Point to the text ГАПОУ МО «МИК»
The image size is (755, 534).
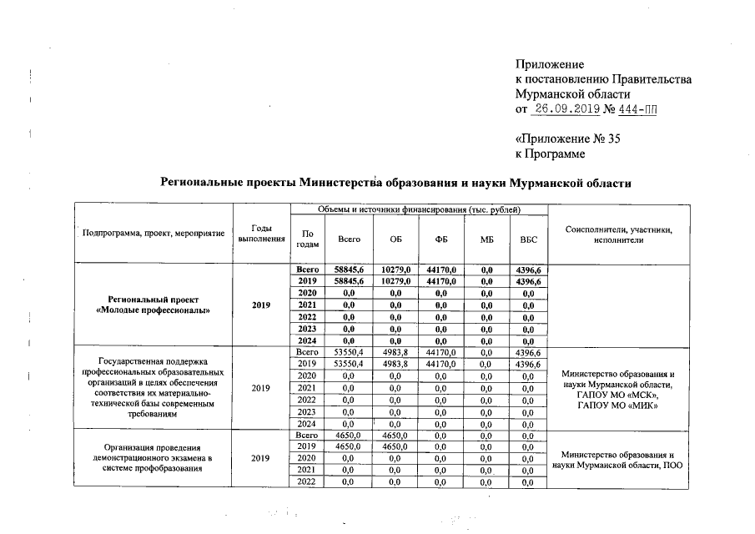[618, 406]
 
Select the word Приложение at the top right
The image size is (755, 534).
[549, 64]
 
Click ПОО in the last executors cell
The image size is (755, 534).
[672, 465]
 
